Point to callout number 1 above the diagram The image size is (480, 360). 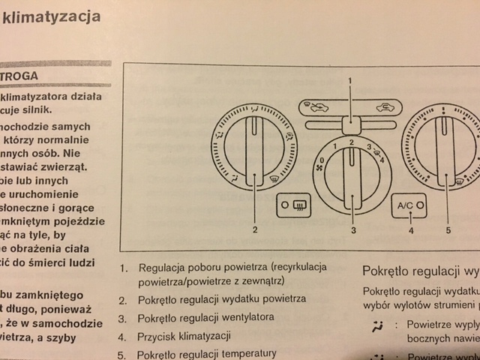[349, 79]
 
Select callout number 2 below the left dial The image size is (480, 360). [255, 230]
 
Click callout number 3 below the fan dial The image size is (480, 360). [352, 230]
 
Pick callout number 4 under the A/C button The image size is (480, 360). [410, 230]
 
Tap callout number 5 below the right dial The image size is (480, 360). [448, 230]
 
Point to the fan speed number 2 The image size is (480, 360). [352, 142]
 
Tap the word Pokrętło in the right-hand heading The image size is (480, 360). [388, 270]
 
